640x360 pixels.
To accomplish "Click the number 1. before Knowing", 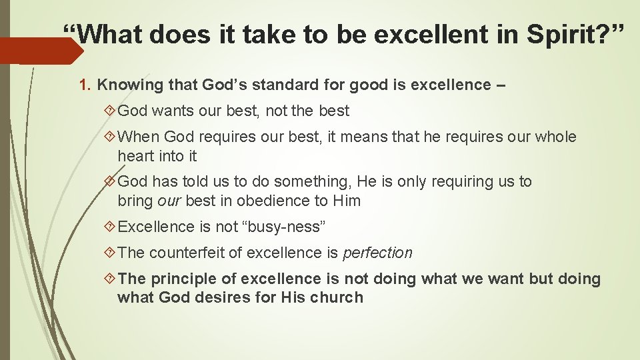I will [x=85, y=85].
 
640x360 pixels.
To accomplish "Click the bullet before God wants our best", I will [x=111, y=111].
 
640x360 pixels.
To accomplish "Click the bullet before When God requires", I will [x=111, y=137].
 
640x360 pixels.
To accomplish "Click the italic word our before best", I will [x=170, y=201].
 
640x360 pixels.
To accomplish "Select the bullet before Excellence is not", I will [x=111, y=227].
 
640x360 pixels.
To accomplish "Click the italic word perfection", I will [x=377, y=253].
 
